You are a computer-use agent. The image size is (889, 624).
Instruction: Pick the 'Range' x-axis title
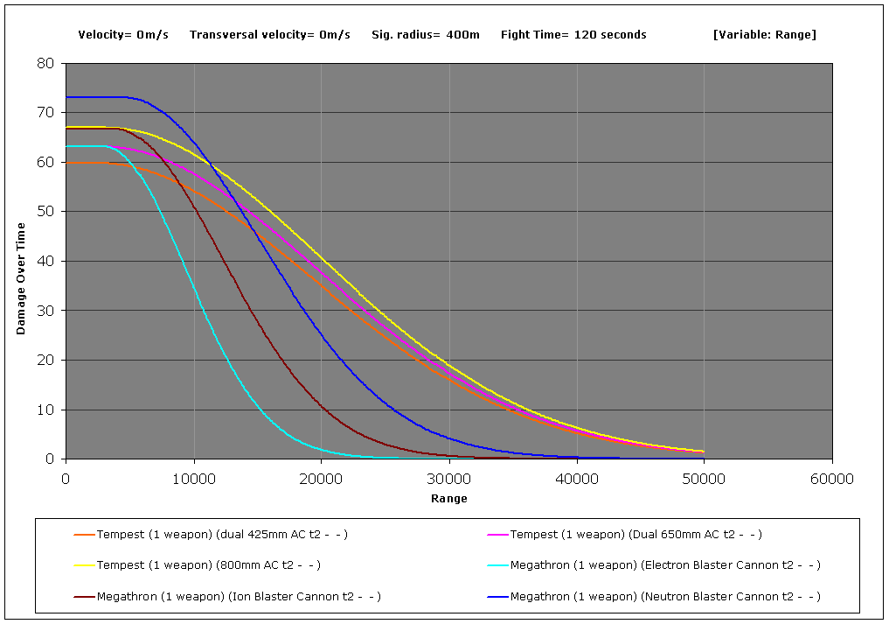click(x=448, y=499)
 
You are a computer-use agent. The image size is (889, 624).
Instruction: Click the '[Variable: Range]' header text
click(x=764, y=35)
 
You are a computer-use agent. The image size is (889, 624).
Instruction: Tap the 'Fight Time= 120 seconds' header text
click(x=573, y=35)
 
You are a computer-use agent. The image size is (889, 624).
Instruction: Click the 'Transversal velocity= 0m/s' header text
click(x=269, y=35)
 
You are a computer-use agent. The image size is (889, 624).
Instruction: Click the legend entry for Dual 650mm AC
click(x=636, y=534)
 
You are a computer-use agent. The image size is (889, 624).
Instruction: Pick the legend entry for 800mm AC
click(x=208, y=565)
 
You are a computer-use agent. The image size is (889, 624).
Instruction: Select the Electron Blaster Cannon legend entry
click(x=665, y=565)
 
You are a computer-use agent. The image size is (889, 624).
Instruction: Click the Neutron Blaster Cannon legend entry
click(x=665, y=597)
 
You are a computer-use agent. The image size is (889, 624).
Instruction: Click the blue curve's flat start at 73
click(x=96, y=97)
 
